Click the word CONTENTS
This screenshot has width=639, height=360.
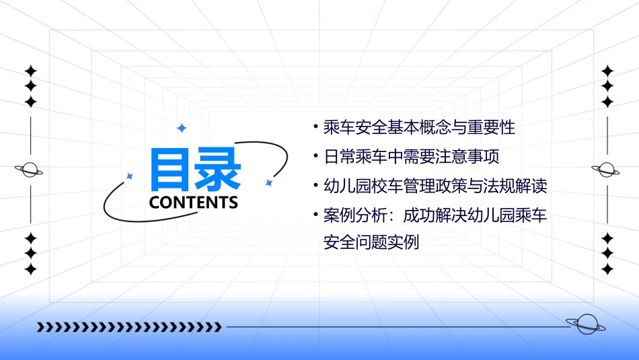(x=194, y=202)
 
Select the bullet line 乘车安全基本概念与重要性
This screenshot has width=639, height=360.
(x=419, y=127)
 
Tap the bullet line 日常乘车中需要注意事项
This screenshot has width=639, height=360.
(x=412, y=157)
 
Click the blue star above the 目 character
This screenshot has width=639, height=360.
(x=181, y=127)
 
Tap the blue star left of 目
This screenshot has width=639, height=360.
(x=130, y=176)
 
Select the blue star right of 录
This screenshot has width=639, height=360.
(x=268, y=182)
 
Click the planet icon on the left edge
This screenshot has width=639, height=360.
(x=30, y=170)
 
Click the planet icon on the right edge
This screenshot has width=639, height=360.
(x=607, y=170)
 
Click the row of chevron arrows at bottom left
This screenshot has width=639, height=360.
(x=129, y=328)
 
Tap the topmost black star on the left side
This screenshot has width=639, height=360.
(x=30, y=71)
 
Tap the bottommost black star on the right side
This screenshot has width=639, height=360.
(x=607, y=269)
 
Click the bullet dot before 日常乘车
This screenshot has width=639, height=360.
(x=315, y=157)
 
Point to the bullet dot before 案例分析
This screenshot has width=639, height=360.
(x=315, y=216)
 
